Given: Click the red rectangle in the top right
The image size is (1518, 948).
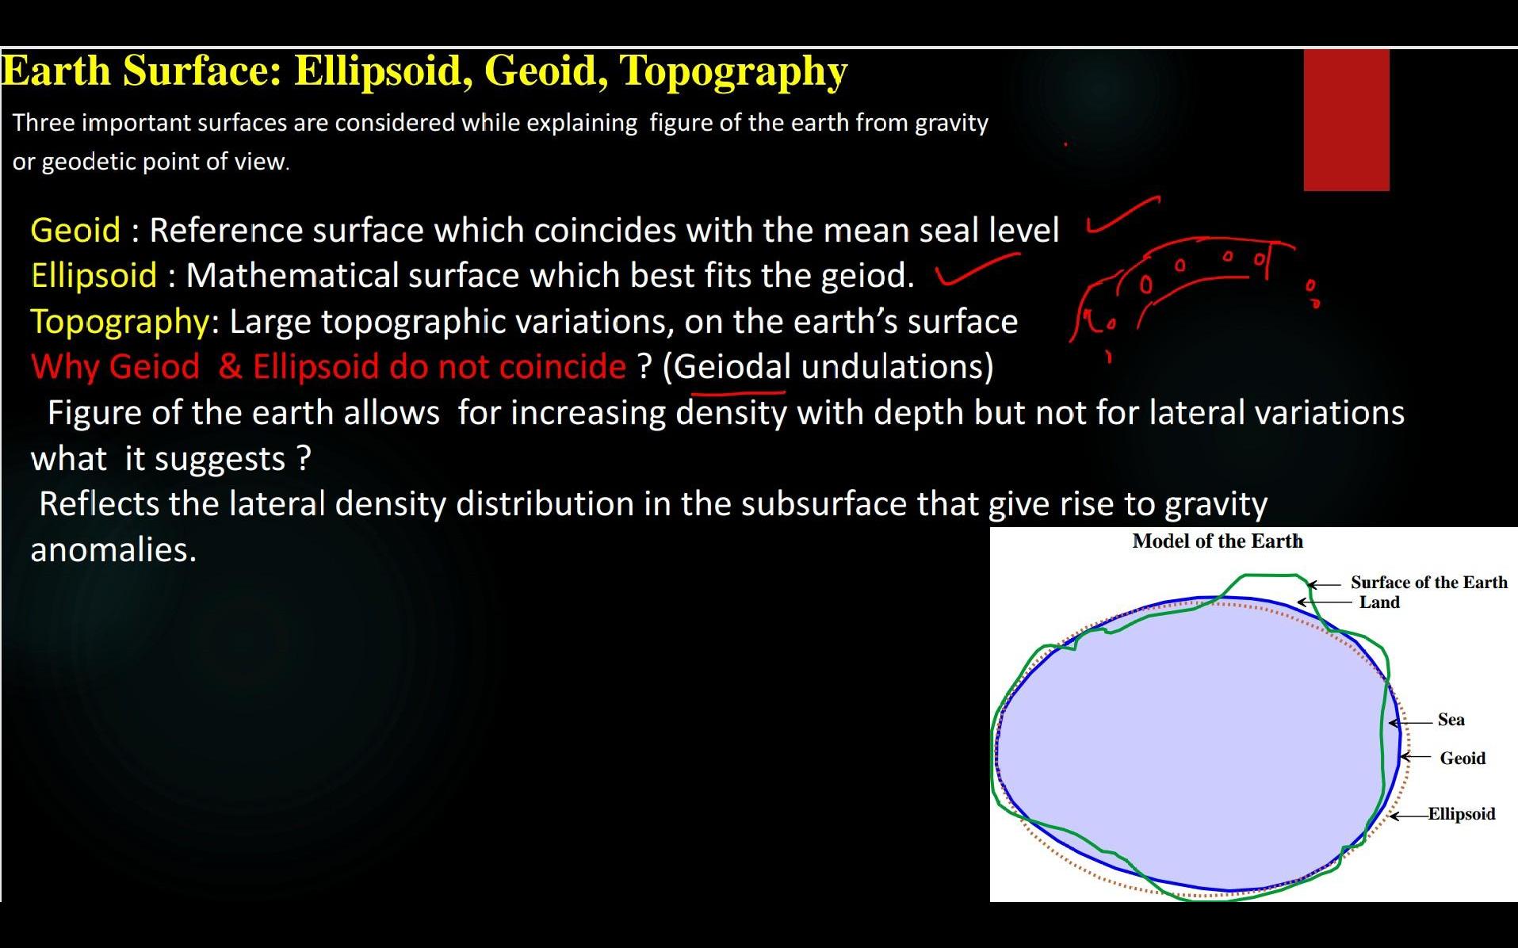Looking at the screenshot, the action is [1346, 120].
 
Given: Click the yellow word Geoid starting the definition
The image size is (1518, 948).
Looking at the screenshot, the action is [75, 231].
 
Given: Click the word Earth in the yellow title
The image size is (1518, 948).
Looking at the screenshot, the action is [56, 70].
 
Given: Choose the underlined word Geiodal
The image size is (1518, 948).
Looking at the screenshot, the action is [732, 366].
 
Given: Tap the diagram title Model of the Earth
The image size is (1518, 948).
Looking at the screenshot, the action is [1218, 541].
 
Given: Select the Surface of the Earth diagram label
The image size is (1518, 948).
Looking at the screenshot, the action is [1429, 583].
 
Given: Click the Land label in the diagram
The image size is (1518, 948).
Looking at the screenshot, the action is [1379, 602].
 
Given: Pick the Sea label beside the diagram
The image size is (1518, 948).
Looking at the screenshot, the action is [1451, 720].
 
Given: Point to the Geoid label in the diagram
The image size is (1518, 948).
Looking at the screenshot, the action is [1463, 759].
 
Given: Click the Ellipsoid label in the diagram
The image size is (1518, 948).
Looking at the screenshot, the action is [1462, 814].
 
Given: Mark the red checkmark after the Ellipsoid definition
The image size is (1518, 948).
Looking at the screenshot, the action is [977, 269].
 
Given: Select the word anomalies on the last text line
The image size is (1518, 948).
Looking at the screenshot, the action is [113, 549].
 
